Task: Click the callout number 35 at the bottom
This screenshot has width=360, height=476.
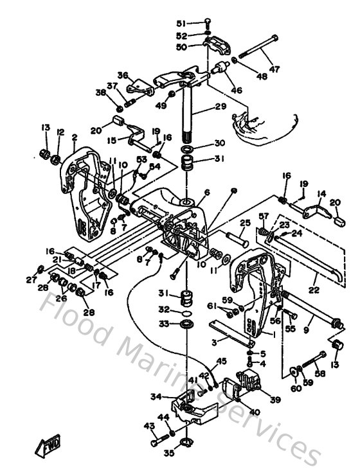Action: coord(168,453)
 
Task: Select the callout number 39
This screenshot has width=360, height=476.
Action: coord(275,399)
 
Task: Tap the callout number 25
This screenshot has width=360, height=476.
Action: coord(245,223)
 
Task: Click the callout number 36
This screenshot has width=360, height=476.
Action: coord(123,75)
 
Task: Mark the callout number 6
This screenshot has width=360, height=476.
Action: coord(207,192)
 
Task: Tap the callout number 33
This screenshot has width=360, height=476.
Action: coord(165,324)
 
